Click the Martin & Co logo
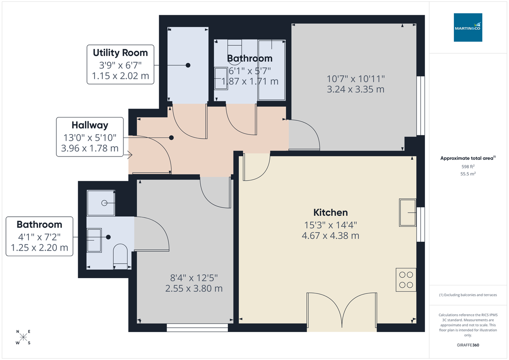click(468, 28)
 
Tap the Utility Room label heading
click(120, 53)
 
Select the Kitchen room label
click(330, 212)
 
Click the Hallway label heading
click(89, 125)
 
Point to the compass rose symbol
click(23, 338)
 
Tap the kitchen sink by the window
click(408, 213)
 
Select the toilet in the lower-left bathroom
click(121, 256)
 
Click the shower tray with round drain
click(101, 203)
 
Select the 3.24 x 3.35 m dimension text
click(355, 89)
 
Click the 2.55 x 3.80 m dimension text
click(194, 288)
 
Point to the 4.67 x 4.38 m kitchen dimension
click(330, 235)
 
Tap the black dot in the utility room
click(188, 65)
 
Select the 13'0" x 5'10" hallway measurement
click(89, 137)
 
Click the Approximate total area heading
click(467, 158)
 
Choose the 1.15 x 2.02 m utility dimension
click(120, 76)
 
